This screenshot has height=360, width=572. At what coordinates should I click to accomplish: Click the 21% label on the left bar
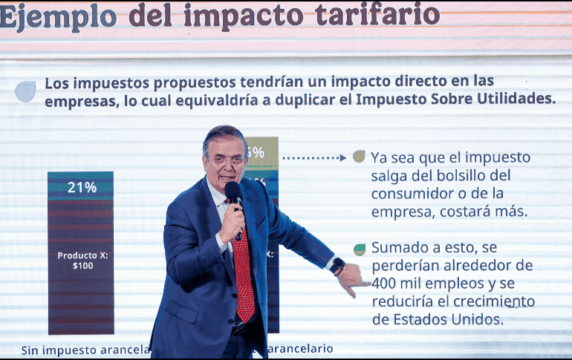pos(81,187)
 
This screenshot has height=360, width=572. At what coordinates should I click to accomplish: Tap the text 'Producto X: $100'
pos(82,260)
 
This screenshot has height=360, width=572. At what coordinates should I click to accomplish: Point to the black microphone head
pos(233,192)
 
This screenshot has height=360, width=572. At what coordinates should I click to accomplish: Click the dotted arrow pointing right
pos(314,157)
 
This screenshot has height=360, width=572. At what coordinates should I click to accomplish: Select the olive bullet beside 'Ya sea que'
pos(359,157)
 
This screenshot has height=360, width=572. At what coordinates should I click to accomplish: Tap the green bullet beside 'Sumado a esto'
pos(360,249)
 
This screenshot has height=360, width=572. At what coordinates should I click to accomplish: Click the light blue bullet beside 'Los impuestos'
pos(25,91)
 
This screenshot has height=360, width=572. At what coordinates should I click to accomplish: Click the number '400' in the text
pos(384,284)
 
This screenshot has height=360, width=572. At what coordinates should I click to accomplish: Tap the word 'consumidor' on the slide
pos(411,194)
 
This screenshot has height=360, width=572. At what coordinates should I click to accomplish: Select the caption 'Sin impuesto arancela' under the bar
pos(85,350)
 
